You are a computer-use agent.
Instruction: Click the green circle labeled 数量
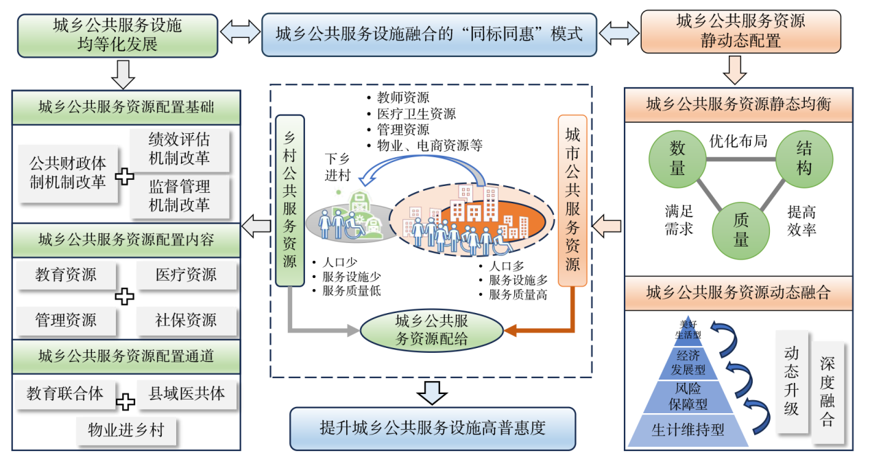tap(677, 159)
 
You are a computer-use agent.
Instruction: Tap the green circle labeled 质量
tap(741, 229)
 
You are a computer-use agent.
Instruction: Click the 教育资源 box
tap(66, 275)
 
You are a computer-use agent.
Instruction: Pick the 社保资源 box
tap(186, 320)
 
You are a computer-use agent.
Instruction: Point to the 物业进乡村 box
tap(126, 430)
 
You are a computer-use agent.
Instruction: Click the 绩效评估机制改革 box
tap(179, 149)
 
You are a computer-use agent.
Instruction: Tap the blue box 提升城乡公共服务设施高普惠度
tap(432, 428)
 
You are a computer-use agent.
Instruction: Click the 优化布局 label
tap(738, 141)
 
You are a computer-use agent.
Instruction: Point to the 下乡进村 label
tap(337, 167)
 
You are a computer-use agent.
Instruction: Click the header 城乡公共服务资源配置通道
tap(126, 356)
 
